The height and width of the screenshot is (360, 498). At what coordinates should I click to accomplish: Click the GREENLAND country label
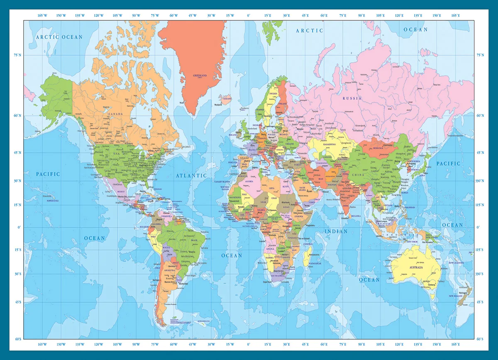pos(200,76)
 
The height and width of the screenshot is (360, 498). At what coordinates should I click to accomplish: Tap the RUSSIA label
pos(352,98)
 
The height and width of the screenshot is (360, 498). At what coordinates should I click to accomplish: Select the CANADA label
pos(115,113)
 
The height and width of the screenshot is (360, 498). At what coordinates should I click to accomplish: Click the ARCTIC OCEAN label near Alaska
pos(59,37)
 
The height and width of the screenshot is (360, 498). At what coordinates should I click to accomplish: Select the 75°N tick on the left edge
pos(17,55)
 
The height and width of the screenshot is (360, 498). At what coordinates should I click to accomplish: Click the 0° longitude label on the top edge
pos(248,15)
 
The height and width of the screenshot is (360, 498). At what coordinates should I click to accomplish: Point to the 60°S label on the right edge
pos(480,339)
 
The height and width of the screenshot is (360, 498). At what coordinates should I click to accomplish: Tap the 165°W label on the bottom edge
pos(42,345)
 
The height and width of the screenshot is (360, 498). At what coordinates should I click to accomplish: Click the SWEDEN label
pos(274,94)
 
